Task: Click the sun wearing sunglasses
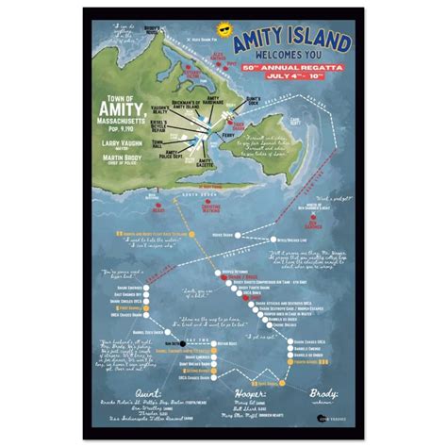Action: pos(225,31)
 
